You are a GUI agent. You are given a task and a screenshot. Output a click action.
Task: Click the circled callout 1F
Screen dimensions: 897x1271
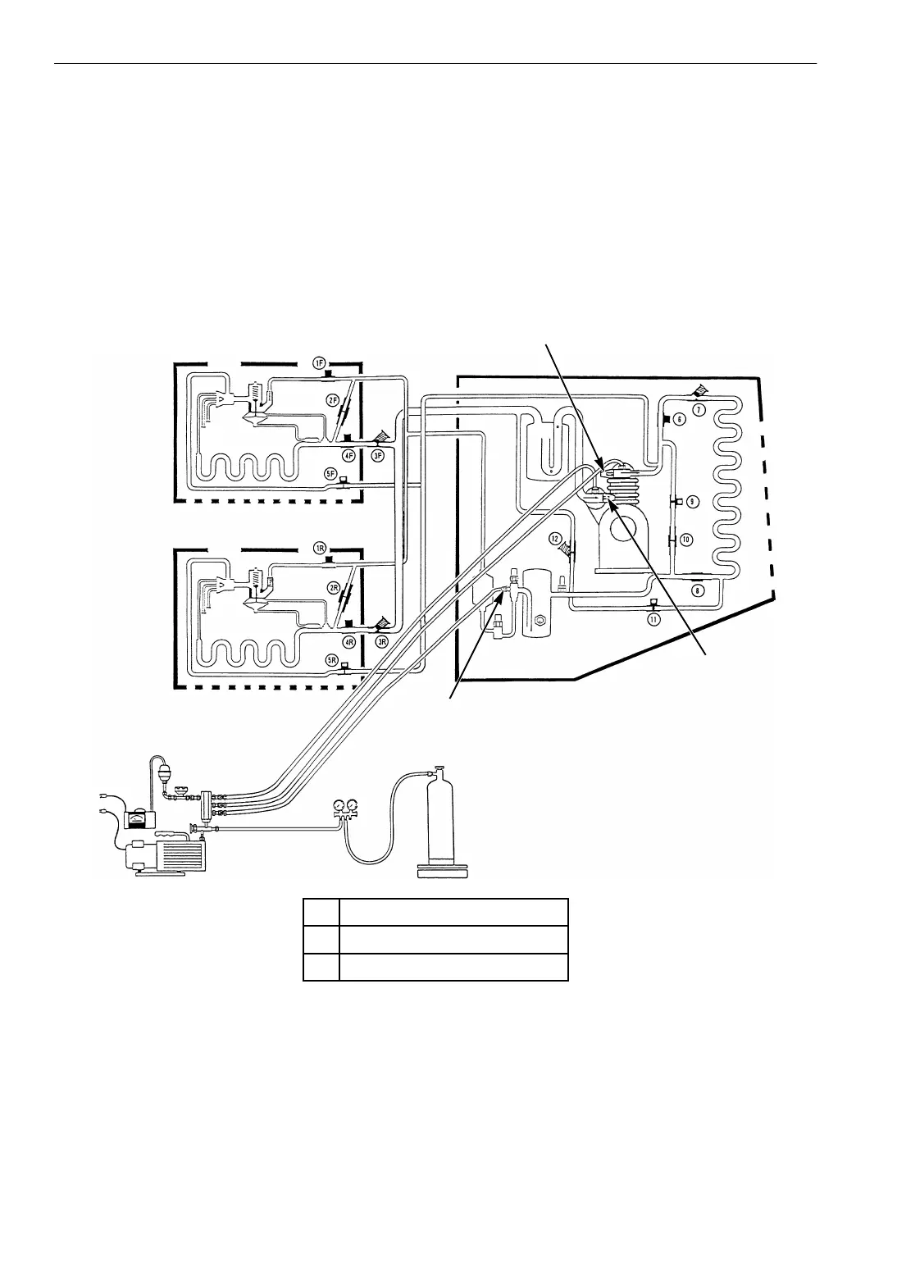(x=321, y=362)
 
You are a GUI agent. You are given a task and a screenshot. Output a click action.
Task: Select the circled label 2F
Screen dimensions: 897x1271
(x=333, y=399)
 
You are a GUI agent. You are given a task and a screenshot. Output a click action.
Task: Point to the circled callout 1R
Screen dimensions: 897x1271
(x=321, y=547)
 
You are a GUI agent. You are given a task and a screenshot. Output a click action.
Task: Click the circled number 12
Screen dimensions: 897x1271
(x=556, y=539)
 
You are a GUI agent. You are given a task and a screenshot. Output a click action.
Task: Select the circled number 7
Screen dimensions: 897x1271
(x=698, y=408)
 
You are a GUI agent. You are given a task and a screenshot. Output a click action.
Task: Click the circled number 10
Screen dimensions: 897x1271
(x=686, y=540)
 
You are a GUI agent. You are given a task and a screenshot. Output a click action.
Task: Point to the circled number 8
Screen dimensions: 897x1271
(x=695, y=589)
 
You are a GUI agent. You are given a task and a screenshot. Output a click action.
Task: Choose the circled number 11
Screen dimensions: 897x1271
(x=653, y=621)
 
